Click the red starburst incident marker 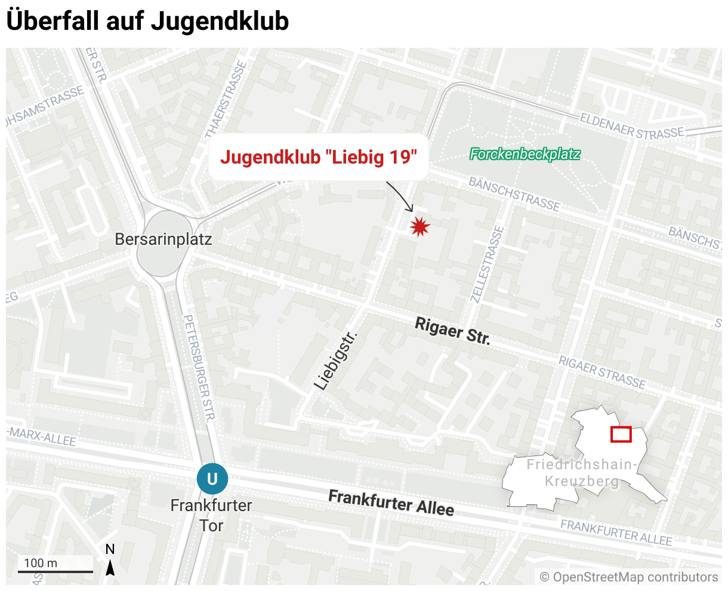(x=420, y=226)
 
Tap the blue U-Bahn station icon (x=212, y=479)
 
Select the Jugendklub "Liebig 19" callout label (x=319, y=158)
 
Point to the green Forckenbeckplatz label (x=525, y=155)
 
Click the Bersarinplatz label (x=163, y=240)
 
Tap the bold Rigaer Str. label (x=452, y=332)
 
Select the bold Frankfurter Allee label (x=391, y=503)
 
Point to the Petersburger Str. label (x=199, y=368)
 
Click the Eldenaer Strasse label (x=633, y=127)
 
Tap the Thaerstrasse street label (x=226, y=98)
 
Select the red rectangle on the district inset (x=621, y=435)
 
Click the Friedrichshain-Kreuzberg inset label (x=582, y=473)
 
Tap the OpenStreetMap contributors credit (x=629, y=577)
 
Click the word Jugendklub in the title (x=220, y=21)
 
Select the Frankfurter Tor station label (x=211, y=515)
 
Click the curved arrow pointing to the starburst (x=401, y=195)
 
